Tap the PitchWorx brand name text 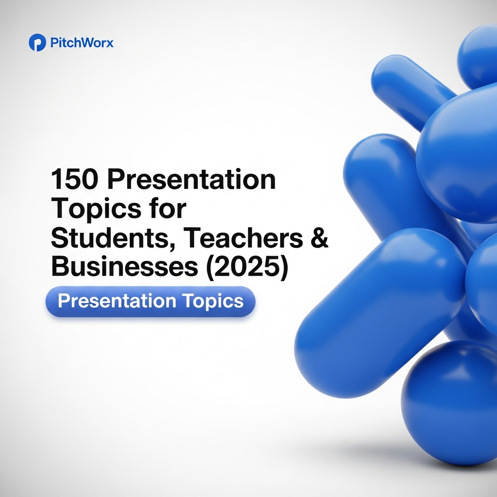82,43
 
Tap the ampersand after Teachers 319,238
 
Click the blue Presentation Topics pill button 150,301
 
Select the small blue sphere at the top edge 478,53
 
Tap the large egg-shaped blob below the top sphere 459,155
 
